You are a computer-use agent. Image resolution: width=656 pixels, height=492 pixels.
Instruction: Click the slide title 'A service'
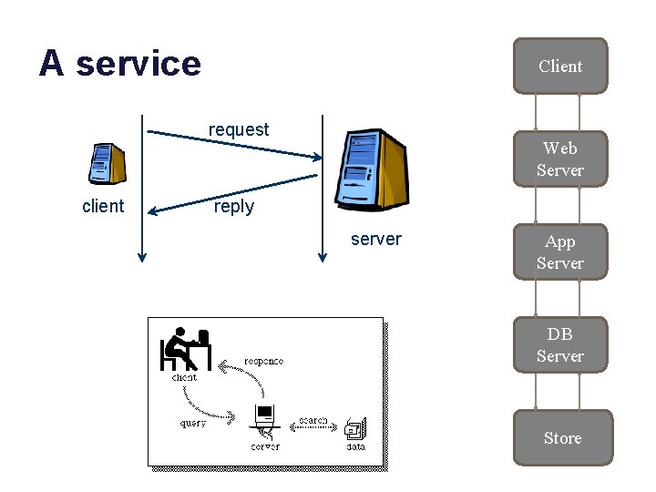click(x=119, y=64)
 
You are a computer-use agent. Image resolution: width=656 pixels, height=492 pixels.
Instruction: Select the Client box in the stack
click(x=559, y=66)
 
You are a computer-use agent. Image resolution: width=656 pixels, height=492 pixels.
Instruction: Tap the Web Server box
click(x=559, y=159)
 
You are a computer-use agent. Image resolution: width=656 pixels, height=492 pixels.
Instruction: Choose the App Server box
click(x=559, y=252)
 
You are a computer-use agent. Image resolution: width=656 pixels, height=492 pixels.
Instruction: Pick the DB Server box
click(x=559, y=344)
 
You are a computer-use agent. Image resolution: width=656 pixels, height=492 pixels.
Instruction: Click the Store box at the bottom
click(x=562, y=438)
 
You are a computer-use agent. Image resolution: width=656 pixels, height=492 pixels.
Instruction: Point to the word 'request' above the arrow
click(x=239, y=129)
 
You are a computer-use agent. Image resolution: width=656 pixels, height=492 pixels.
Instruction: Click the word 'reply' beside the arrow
click(x=233, y=207)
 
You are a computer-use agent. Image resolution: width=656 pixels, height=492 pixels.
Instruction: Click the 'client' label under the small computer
click(x=103, y=206)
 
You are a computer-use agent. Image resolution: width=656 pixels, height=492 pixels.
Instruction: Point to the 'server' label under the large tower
click(x=375, y=239)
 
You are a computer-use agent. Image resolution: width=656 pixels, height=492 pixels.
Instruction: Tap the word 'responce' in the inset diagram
click(x=263, y=361)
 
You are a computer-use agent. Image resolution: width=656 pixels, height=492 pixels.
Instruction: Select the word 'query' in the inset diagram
click(x=193, y=423)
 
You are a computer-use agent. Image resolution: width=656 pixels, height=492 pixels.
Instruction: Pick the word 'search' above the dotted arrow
click(x=313, y=421)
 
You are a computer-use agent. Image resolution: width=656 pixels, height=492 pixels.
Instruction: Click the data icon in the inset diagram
click(x=355, y=427)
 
